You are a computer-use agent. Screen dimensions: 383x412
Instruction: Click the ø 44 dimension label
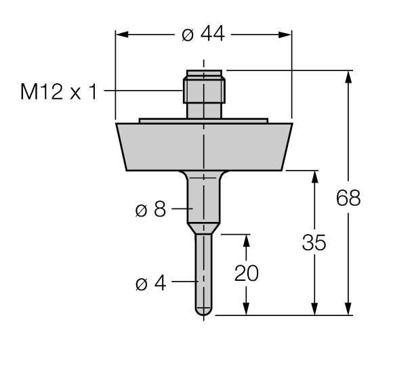tap(204, 35)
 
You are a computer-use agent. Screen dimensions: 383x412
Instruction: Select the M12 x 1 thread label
tap(59, 91)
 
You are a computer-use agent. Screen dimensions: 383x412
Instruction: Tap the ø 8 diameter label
tap(150, 210)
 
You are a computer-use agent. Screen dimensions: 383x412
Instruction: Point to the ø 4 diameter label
tap(150, 282)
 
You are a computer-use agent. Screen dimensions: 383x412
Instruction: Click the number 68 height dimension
tap(349, 198)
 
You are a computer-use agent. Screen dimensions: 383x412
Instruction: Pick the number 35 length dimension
tap(314, 243)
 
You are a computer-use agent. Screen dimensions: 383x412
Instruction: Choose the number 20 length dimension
tap(247, 273)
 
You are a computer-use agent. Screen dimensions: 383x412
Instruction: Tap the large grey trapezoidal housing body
tap(203, 146)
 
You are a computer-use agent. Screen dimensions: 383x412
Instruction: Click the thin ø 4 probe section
tap(203, 271)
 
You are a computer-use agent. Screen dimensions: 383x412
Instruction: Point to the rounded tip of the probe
tap(203, 311)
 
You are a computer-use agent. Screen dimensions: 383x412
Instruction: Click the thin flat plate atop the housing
tap(203, 121)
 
